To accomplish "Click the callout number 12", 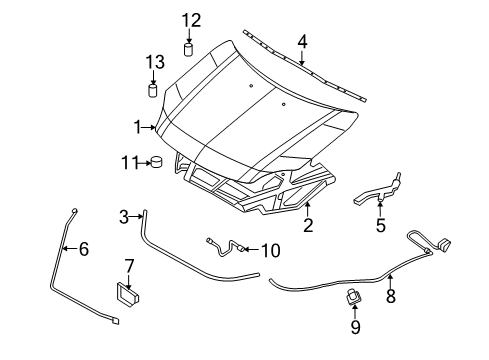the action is point(191,20).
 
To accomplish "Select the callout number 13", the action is point(155,62).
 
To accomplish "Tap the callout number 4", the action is point(302,42).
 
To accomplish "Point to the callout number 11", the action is point(129,163).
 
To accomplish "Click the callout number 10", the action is point(270,250).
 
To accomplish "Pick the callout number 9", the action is point(355,327).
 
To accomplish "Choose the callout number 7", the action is point(129,266).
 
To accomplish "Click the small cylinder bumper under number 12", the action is point(189,49).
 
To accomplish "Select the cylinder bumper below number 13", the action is point(153,91).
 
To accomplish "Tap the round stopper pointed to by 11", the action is point(156,162).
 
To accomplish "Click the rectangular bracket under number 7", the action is point(128,293).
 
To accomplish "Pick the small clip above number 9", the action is point(354,296).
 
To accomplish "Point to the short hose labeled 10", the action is point(227,248).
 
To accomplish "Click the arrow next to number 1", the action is point(149,127).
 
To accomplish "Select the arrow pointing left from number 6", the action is point(69,248).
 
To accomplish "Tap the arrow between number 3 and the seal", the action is point(136,217).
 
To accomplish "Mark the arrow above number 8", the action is point(390,280).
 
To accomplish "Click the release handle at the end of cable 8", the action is point(444,244).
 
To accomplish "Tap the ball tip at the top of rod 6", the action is point(74,211).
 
